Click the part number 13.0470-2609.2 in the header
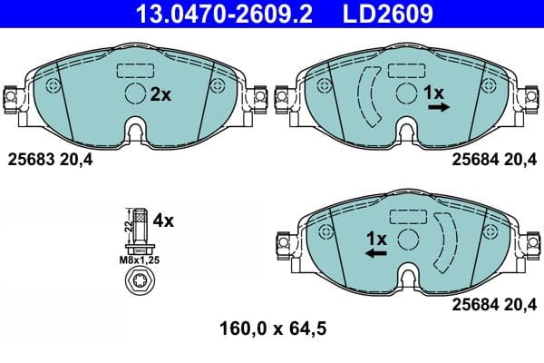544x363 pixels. [209, 15]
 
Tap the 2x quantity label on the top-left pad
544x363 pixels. [160, 93]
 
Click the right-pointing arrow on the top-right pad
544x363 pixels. [438, 107]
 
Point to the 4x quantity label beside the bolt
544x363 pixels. [163, 220]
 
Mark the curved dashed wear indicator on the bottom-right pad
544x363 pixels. [446, 241]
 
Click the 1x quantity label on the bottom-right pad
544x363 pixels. [376, 239]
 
